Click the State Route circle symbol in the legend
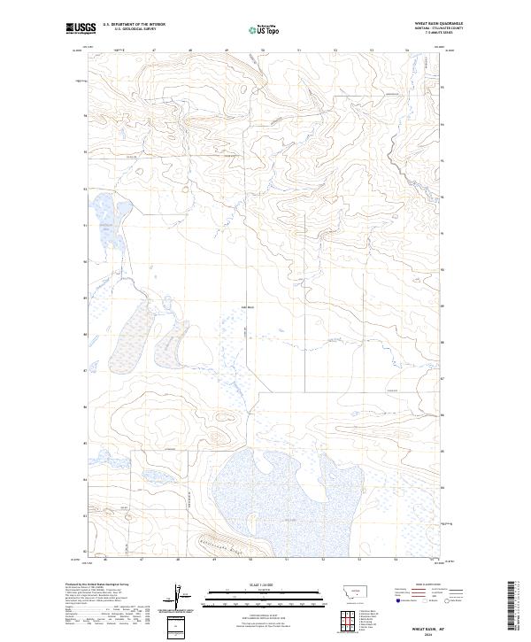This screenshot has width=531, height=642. click(x=460, y=599)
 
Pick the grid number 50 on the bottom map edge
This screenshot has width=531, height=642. click(x=251, y=560)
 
